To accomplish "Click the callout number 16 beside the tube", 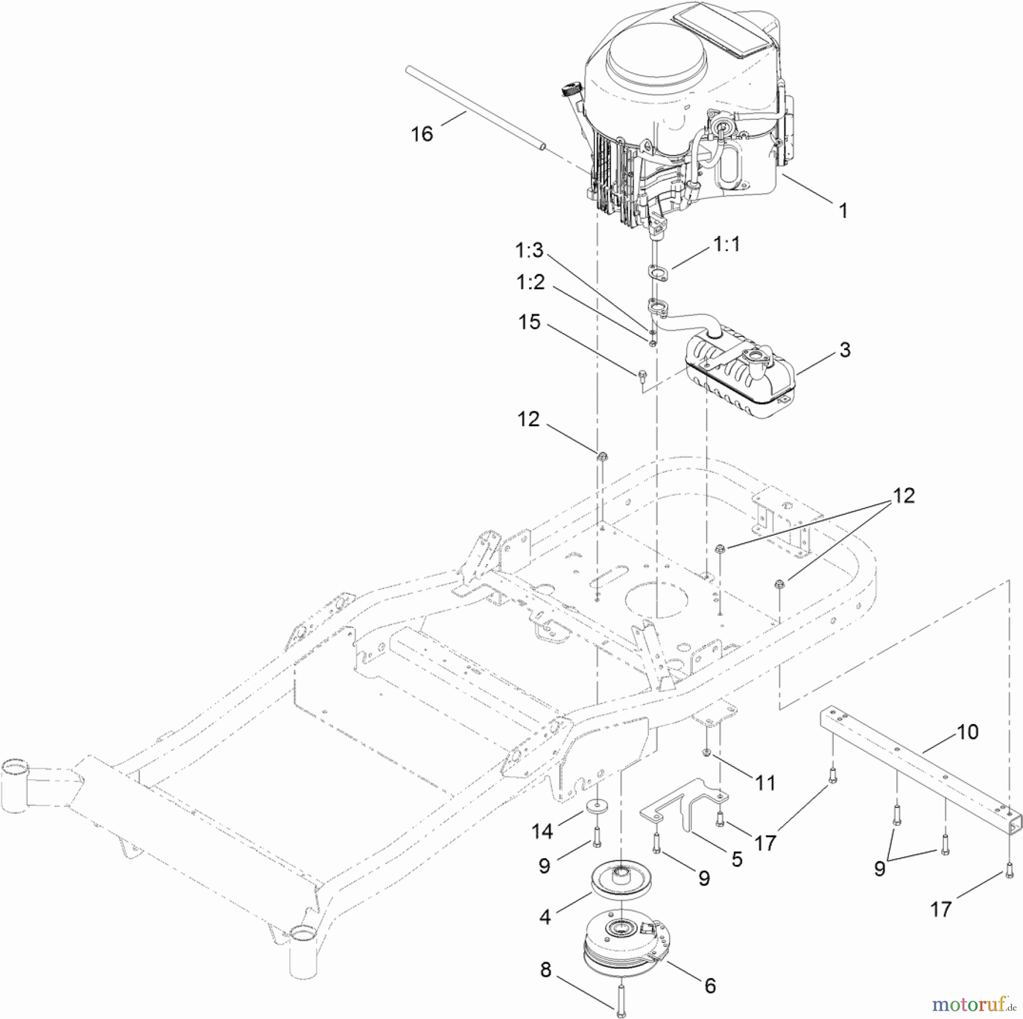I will pos(422,134).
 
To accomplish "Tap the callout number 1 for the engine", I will pos(843,211).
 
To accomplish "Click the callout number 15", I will pos(529,322).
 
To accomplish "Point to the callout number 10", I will pos(967,731).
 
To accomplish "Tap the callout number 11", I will pos(766,783).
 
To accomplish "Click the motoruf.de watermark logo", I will pos(974,1004).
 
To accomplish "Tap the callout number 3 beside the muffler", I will pos(845,350).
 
